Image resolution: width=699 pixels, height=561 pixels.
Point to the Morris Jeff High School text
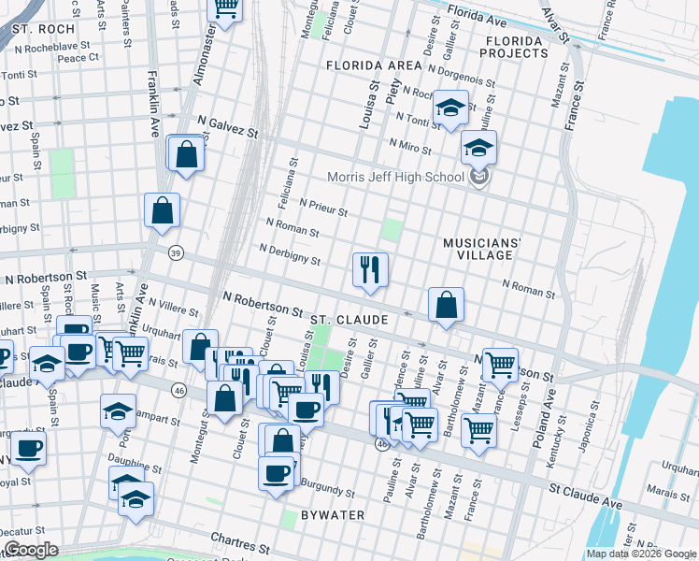coord(395,178)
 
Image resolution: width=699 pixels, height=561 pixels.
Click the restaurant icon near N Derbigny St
coord(370,270)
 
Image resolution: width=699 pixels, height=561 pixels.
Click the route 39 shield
coord(176,252)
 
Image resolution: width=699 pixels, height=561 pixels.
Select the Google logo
coord(32,550)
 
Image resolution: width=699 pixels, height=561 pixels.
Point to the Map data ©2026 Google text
coord(640,554)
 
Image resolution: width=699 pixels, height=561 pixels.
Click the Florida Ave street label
coord(477,16)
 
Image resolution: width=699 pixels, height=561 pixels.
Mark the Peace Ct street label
coord(78,58)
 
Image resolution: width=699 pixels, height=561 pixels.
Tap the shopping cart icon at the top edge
coord(225,7)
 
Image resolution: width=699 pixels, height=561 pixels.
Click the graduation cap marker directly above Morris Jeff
coord(478,148)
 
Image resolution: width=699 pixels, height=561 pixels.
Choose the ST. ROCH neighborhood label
coord(44,29)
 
